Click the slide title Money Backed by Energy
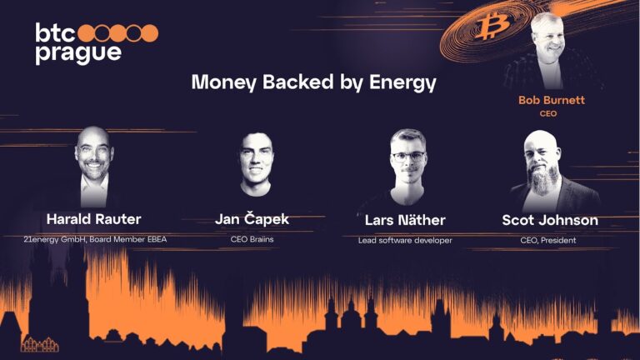pyautogui.click(x=313, y=82)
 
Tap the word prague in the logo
pyautogui.click(x=78, y=53)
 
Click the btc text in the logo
pyautogui.click(x=54, y=32)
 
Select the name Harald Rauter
pyautogui.click(x=93, y=219)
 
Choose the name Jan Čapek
pyautogui.click(x=252, y=219)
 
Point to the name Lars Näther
pyautogui.click(x=405, y=220)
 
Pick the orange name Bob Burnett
pyautogui.click(x=552, y=100)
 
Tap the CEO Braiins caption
pyautogui.click(x=252, y=239)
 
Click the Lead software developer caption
pyautogui.click(x=405, y=240)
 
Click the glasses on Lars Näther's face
pyautogui.click(x=408, y=156)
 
